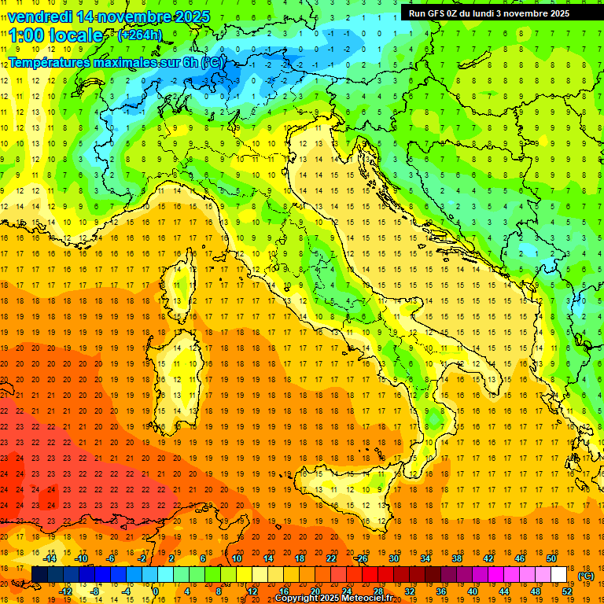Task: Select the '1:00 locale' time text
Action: (56, 35)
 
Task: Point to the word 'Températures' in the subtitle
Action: (48, 61)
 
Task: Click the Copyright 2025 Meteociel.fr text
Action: (339, 598)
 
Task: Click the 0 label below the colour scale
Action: (155, 591)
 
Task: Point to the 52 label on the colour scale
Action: (567, 591)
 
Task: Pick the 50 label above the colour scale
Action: (551, 558)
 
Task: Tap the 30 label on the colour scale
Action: (394, 558)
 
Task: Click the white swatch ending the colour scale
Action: (558, 575)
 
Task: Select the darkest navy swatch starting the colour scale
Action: (39, 575)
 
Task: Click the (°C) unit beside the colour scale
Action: (586, 576)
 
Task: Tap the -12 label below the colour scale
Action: (65, 591)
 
